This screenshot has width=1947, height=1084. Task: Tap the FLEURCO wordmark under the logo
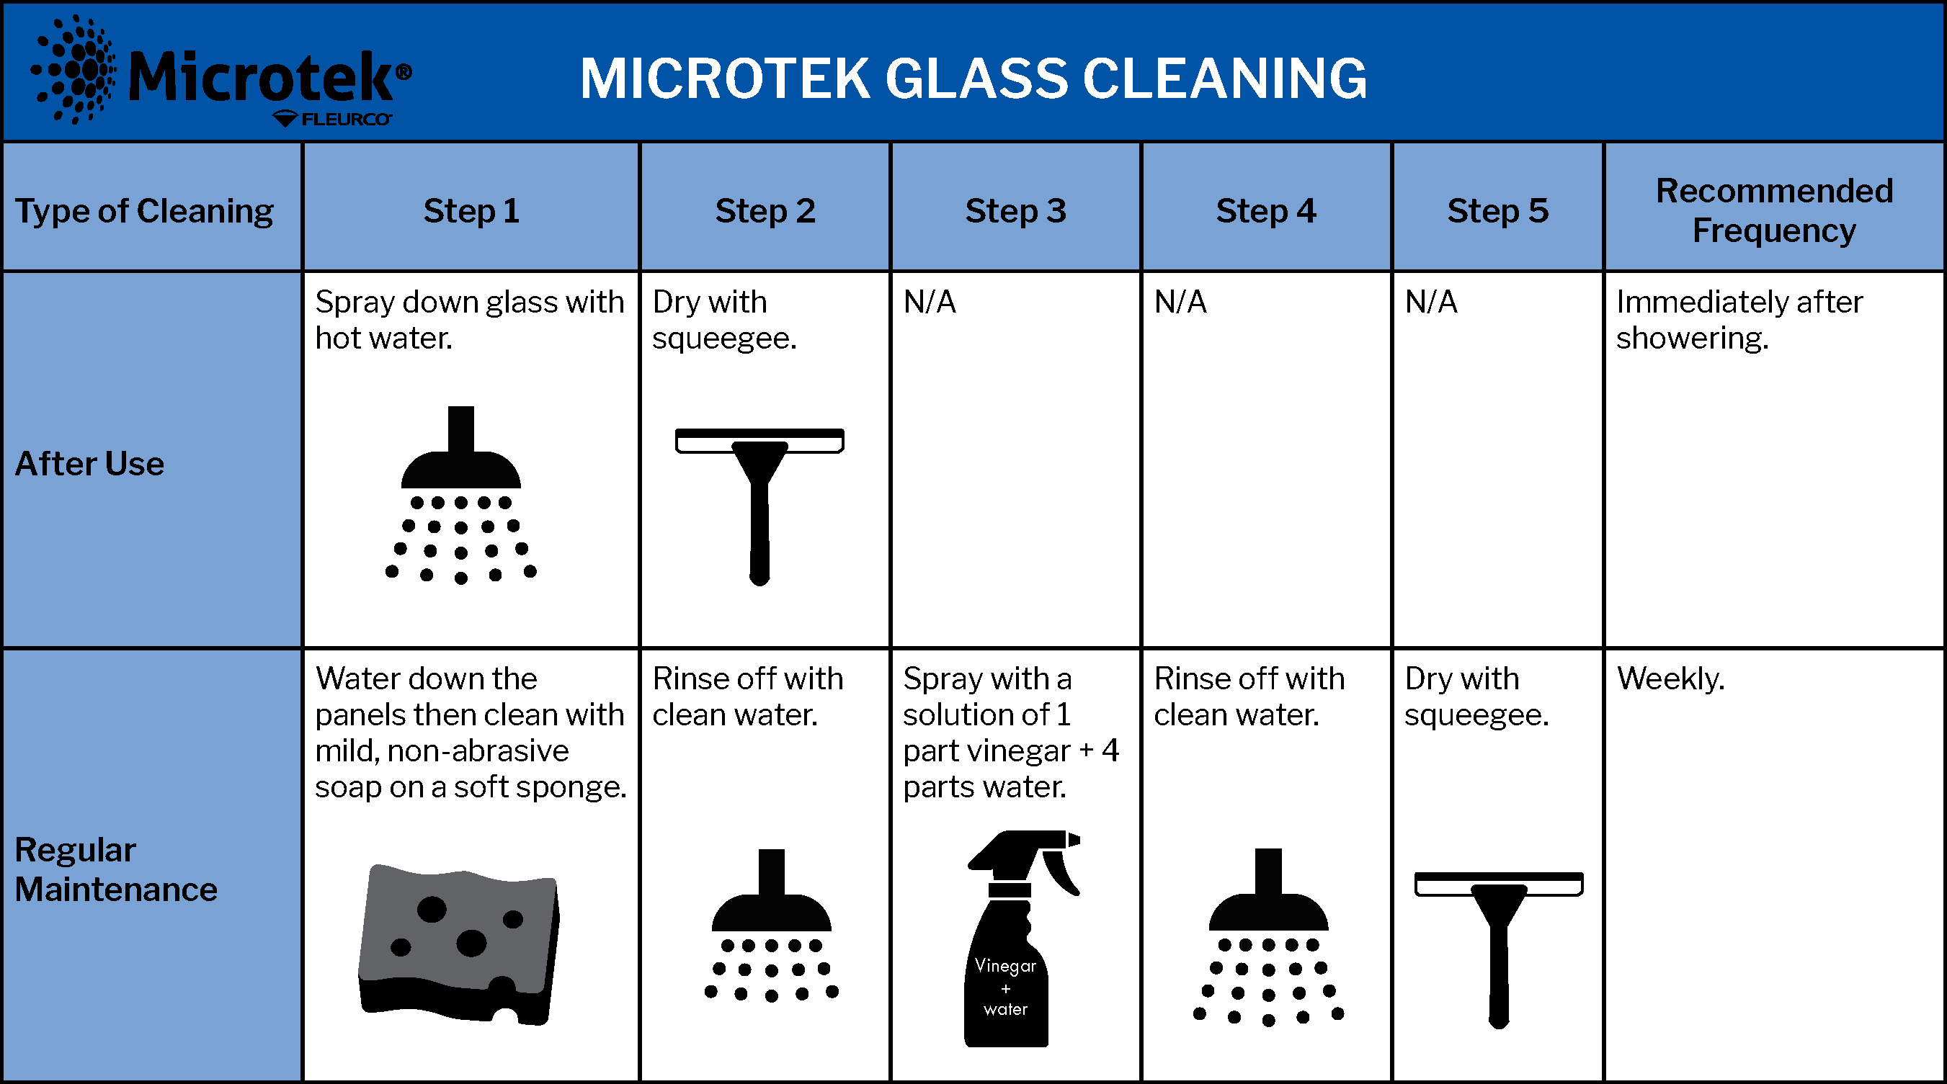(346, 120)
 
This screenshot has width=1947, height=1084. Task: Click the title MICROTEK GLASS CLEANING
(973, 79)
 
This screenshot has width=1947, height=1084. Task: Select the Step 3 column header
(1015, 211)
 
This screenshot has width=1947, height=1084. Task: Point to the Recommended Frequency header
(1774, 211)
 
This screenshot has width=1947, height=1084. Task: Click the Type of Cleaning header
(144, 212)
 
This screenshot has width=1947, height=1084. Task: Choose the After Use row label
(89, 463)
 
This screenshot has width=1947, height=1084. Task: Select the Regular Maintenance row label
(115, 869)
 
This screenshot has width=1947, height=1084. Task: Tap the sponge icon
(459, 944)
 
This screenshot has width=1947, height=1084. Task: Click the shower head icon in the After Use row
(461, 496)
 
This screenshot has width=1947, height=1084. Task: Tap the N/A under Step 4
(1180, 303)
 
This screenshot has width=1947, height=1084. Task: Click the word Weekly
(1670, 678)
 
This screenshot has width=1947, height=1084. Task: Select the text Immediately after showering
(1739, 320)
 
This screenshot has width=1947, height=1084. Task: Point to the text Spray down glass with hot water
(469, 320)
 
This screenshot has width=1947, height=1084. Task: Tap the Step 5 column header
(1497, 211)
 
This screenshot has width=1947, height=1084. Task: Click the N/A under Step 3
(929, 303)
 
